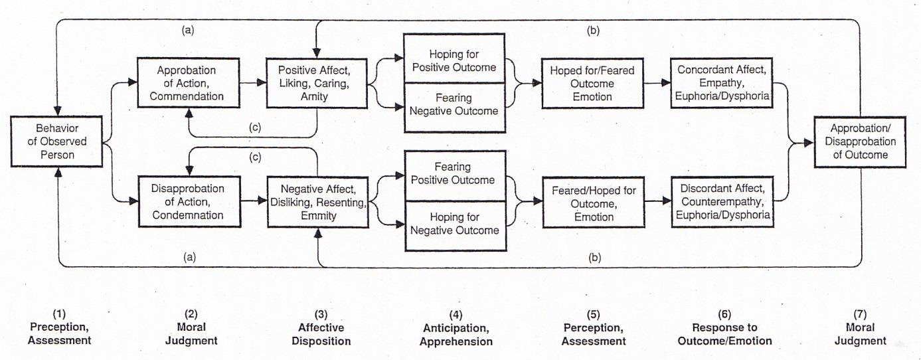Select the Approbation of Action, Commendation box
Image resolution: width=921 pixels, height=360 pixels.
186,83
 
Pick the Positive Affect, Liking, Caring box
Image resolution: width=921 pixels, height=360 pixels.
317,83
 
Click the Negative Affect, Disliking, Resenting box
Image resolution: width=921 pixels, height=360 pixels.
317,203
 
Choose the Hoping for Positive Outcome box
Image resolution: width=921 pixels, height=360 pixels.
454,60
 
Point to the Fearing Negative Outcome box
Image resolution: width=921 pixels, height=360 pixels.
454,104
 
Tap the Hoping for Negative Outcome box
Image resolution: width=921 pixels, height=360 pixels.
454,224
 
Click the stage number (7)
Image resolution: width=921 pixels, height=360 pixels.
861,314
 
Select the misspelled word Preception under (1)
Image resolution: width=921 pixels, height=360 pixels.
60,327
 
